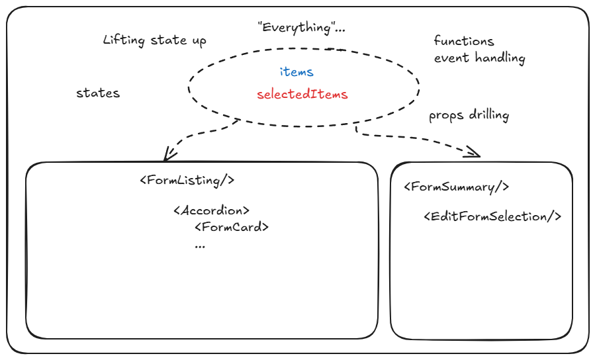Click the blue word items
coord(296,71)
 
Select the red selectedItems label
coord(302,94)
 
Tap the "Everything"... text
coord(301,28)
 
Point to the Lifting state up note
coord(155,40)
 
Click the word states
coord(98,93)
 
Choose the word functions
coord(464,42)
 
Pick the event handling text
coord(479,58)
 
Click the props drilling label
coord(469,115)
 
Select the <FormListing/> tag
coord(187,180)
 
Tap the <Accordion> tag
coord(211,210)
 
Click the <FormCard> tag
coord(232,227)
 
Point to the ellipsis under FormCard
coord(200,245)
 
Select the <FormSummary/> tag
coord(456,187)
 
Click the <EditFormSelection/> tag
coord(492,216)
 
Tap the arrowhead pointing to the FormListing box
coord(168,156)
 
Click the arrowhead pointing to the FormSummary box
coord(474,153)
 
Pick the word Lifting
coord(124,40)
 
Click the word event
coord(450,58)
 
